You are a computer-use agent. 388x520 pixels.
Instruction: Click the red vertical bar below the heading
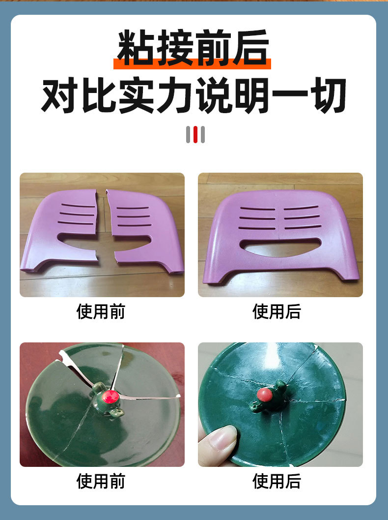click(195, 135)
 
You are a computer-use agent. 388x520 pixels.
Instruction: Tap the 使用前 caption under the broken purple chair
click(101, 311)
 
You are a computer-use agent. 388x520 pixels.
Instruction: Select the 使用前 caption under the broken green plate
click(101, 481)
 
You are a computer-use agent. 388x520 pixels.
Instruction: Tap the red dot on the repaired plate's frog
click(266, 394)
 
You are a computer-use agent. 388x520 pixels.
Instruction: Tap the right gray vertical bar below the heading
click(202, 135)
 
